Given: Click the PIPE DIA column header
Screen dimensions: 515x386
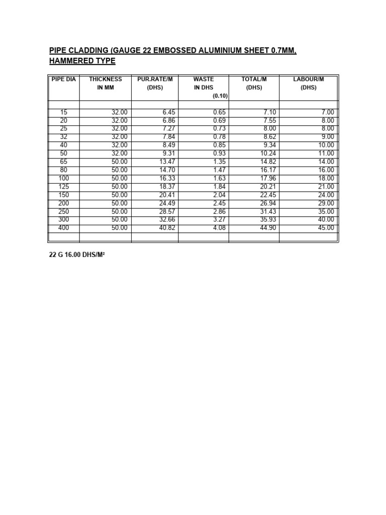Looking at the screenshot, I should pos(64,79).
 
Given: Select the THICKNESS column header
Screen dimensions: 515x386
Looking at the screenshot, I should pos(106,79).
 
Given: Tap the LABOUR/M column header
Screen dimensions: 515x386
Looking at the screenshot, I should pos(309,79).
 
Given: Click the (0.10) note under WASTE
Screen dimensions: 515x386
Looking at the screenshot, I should pos(220,96).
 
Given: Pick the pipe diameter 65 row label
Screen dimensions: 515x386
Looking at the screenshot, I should pos(63,161).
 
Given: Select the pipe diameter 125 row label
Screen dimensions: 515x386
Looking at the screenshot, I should pos(63,187).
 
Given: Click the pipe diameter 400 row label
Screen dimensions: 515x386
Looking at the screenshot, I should pos(63,228).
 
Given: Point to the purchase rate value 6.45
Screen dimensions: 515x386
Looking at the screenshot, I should pos(168,112).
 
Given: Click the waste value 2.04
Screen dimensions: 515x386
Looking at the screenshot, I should pos(220,195).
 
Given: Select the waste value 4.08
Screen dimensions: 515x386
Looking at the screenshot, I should pos(220,228).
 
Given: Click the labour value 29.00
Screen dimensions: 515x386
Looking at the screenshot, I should pos(326,203).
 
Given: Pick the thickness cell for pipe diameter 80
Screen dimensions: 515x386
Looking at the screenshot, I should pos(120,170).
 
